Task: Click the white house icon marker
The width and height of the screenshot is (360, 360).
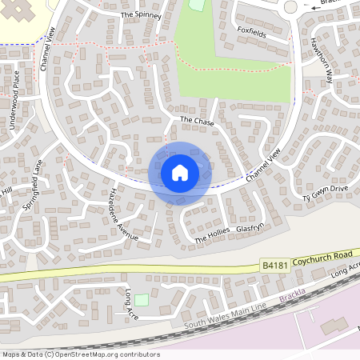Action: click(180, 173)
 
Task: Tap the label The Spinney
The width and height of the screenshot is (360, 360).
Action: click(140, 15)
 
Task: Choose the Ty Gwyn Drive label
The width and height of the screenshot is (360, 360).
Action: click(326, 191)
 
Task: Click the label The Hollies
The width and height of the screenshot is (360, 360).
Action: click(212, 234)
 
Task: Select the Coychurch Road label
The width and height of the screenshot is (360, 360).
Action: click(322, 256)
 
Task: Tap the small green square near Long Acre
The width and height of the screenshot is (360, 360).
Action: click(142, 300)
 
